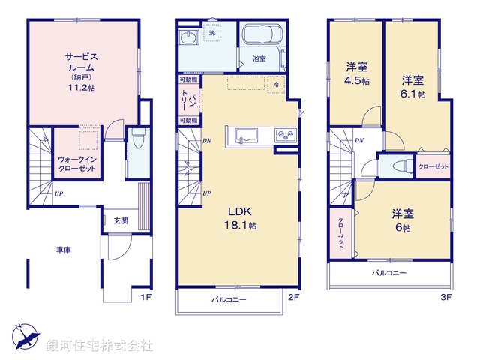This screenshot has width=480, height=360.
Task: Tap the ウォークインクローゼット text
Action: [x=78, y=163]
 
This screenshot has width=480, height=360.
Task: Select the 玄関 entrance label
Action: [x=121, y=220]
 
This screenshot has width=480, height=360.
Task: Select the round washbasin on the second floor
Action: [x=187, y=39]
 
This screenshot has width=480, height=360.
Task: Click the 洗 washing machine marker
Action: [x=211, y=33]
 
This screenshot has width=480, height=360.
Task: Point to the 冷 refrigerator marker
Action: [x=276, y=84]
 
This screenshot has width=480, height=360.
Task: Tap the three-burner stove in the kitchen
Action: [x=285, y=136]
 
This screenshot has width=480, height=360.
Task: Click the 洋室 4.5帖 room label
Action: [x=356, y=72]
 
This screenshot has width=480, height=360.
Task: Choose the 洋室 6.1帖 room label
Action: [x=412, y=86]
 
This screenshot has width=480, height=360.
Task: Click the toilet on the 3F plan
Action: [x=397, y=166]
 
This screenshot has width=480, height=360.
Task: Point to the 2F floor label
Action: [x=294, y=297]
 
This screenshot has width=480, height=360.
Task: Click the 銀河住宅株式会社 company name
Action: [x=100, y=346]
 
